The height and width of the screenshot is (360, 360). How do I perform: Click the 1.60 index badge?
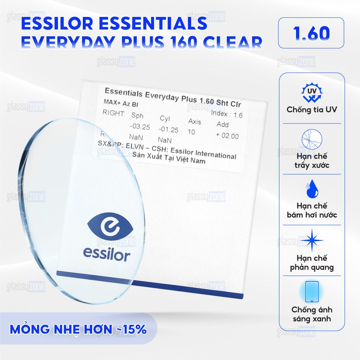point(311,33)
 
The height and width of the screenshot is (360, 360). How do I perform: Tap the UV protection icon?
point(312,93)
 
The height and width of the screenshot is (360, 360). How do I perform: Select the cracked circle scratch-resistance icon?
point(312,139)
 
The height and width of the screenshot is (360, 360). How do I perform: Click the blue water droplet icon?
point(312,189)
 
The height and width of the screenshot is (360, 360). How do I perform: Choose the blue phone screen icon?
point(312,292)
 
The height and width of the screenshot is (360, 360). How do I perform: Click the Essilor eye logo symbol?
point(110,226)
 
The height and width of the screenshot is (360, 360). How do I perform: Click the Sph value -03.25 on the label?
point(140,126)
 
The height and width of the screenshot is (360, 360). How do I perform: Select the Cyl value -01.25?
point(168,129)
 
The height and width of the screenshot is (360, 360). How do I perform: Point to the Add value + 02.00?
point(227,135)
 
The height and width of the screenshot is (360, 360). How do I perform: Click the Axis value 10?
point(191,132)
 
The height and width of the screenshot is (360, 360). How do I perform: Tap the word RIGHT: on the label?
point(114,113)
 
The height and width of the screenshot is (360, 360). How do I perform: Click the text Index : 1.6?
point(226,114)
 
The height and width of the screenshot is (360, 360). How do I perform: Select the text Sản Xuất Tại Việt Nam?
point(169,158)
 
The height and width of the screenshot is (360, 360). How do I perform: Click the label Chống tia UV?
point(312,109)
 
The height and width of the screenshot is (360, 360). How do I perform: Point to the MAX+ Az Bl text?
point(121,103)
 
